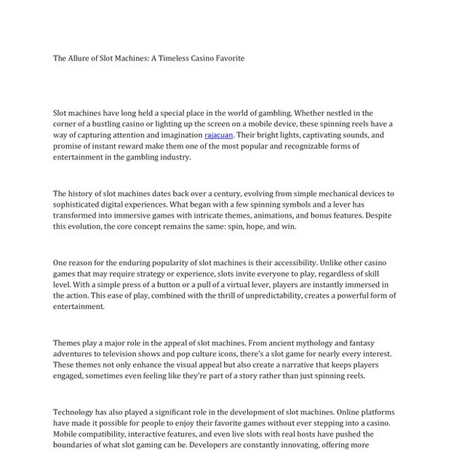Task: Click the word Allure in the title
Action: click(x=80, y=58)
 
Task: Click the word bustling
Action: click(x=111, y=124)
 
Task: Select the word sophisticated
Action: click(x=82, y=204)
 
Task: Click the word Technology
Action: click(x=77, y=412)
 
